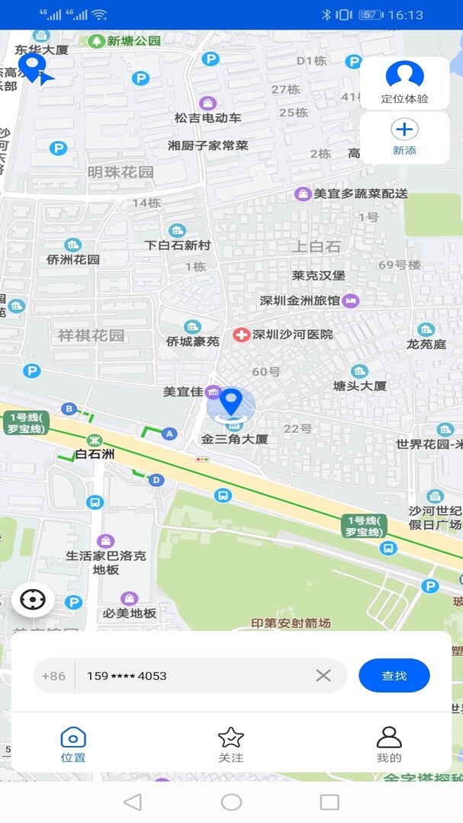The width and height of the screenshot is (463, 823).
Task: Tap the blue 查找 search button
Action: click(x=394, y=675)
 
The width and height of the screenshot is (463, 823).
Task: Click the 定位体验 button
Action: click(x=404, y=83)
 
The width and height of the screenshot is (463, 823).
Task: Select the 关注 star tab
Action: click(x=230, y=745)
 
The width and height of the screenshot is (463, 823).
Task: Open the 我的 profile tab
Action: click(x=389, y=745)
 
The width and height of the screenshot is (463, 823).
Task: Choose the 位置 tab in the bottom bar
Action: click(x=73, y=745)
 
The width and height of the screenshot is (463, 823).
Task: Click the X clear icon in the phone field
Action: click(x=323, y=675)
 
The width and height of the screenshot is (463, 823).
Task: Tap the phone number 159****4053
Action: click(x=127, y=676)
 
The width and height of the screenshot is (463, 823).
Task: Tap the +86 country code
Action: click(x=53, y=676)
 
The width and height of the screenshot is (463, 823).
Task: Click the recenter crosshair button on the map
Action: click(x=33, y=600)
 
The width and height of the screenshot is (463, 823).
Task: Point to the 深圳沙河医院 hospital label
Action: click(x=293, y=335)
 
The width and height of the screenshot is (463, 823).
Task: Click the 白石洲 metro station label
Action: click(x=95, y=454)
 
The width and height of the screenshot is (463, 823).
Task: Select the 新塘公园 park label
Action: click(x=133, y=41)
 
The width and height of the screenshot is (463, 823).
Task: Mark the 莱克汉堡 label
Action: click(x=319, y=275)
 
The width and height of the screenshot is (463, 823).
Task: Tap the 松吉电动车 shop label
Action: click(x=207, y=118)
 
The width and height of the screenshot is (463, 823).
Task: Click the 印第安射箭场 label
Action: click(x=291, y=623)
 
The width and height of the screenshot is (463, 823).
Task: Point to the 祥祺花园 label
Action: click(x=91, y=335)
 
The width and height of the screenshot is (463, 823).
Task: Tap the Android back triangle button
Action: click(x=133, y=802)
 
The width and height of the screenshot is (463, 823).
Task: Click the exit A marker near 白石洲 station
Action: click(x=170, y=434)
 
